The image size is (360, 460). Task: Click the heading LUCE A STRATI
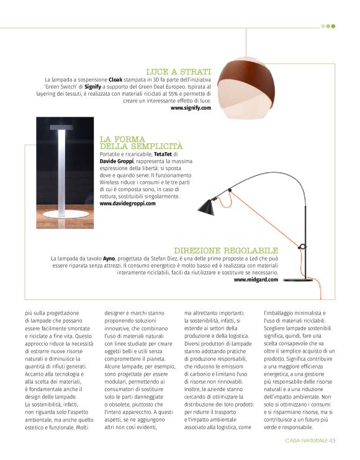(178, 72)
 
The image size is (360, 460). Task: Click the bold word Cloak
(115, 80)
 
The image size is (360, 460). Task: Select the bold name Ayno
(109, 257)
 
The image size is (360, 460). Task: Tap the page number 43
(332, 441)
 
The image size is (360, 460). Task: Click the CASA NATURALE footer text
(306, 441)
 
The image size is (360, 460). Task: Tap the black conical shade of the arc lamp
(207, 207)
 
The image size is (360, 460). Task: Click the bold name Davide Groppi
(115, 160)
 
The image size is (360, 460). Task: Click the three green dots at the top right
(328, 26)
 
